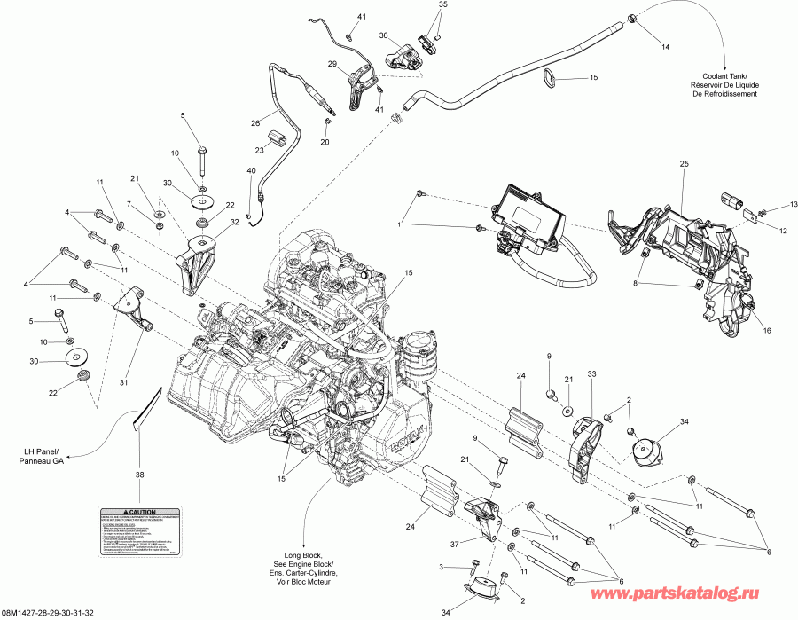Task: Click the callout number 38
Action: pyautogui.click(x=138, y=475)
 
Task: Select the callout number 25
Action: pyautogui.click(x=684, y=165)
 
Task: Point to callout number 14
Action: pyautogui.click(x=665, y=46)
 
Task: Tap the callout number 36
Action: pyautogui.click(x=384, y=35)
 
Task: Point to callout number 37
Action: pyautogui.click(x=455, y=544)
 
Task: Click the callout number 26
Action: pyautogui.click(x=254, y=123)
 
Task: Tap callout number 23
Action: pyautogui.click(x=262, y=149)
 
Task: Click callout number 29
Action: pyautogui.click(x=332, y=64)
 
